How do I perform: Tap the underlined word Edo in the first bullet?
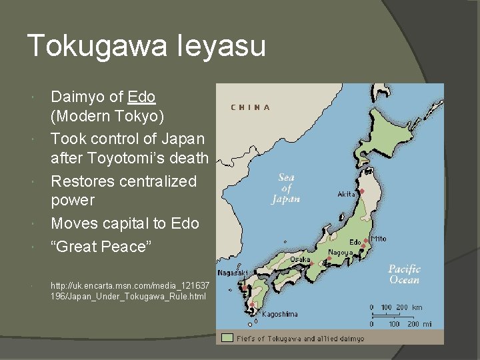(141, 97)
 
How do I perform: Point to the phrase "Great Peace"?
(101, 247)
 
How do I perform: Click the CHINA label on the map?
(251, 107)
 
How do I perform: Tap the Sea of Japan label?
(286, 188)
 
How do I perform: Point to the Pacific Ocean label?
(405, 274)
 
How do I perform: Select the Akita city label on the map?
(347, 194)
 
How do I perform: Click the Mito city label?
(378, 239)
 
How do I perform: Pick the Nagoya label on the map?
(339, 253)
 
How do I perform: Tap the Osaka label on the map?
(299, 259)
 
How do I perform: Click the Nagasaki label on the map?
(233, 273)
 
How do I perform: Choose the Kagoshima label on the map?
(279, 313)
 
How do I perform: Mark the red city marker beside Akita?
(361, 191)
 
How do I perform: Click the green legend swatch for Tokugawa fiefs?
(227, 339)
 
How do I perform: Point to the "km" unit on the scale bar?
(417, 307)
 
